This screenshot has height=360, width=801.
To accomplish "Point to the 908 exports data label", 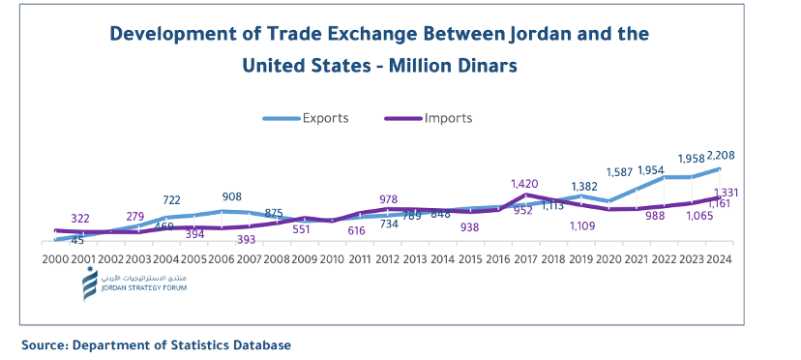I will coord(231,196).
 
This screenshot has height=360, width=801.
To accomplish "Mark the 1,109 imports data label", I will coord(582,226).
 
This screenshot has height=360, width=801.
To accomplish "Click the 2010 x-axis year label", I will coord(332,260).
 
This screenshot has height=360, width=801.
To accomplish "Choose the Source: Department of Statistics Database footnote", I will coord(156,345).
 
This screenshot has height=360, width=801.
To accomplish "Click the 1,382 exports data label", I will coord(584,186).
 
